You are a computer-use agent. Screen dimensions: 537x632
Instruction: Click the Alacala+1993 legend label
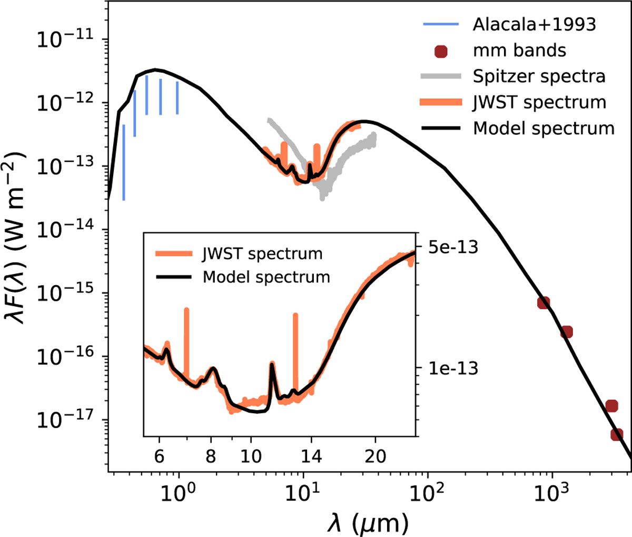coord(534,24)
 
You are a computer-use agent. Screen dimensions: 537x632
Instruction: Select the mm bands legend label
coord(519,51)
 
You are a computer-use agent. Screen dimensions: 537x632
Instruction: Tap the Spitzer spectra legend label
coord(539,76)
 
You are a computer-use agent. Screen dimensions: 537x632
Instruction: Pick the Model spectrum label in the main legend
coord(544,128)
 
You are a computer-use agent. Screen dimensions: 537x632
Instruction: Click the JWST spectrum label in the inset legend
coord(262,253)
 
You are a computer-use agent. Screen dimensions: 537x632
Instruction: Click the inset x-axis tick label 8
coord(211,456)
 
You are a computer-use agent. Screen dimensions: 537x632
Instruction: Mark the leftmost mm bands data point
coord(544,302)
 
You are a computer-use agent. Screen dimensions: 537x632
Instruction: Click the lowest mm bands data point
coord(617,435)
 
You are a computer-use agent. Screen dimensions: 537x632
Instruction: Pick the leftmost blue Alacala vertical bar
coord(124,162)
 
